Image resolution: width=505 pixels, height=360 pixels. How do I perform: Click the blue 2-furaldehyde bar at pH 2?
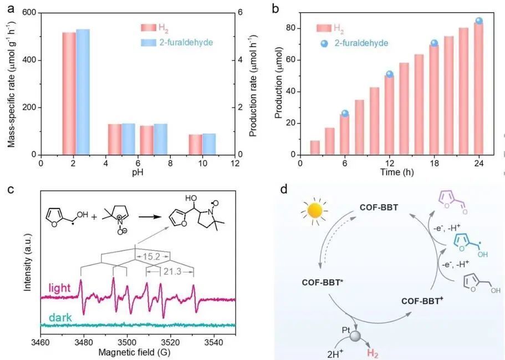point(83,92)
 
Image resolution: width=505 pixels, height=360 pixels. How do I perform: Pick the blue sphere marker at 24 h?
point(479,21)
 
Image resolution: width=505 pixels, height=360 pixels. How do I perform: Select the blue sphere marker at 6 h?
point(345,113)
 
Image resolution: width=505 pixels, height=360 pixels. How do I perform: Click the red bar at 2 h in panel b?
point(315,148)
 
